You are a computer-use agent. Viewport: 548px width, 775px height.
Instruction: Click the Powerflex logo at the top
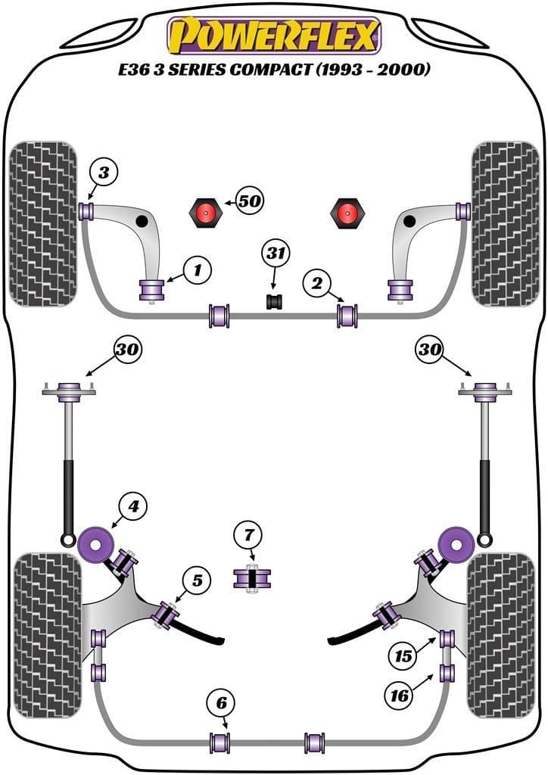pyautogui.click(x=273, y=35)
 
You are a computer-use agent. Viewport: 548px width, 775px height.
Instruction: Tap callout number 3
pyautogui.click(x=104, y=173)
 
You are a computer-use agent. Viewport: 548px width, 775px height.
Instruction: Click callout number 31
pyautogui.click(x=276, y=254)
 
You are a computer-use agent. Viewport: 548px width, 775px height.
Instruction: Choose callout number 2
pyautogui.click(x=317, y=284)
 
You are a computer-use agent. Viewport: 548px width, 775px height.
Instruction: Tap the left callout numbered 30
pyautogui.click(x=127, y=349)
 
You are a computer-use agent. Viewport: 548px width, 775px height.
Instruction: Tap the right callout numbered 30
pyautogui.click(x=430, y=349)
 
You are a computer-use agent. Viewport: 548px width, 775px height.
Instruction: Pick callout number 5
pyautogui.click(x=197, y=581)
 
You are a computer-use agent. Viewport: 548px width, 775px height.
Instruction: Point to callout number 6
pyautogui.click(x=221, y=703)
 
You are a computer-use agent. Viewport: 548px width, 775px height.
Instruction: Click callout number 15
pyautogui.click(x=405, y=655)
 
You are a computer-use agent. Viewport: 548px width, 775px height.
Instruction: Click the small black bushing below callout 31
pyautogui.click(x=274, y=301)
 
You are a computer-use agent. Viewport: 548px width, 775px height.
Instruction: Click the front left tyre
pyautogui.click(x=44, y=223)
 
